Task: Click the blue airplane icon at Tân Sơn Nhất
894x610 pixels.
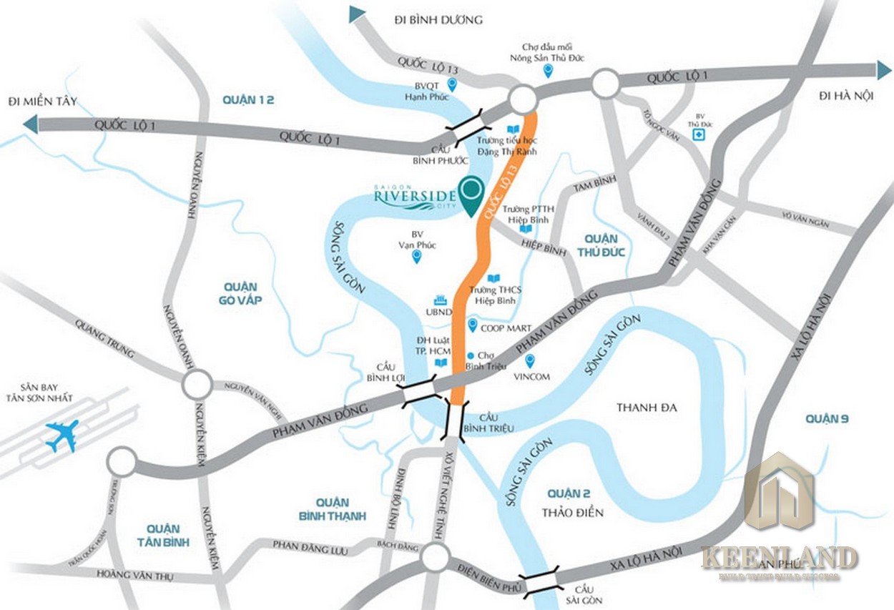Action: (x=62, y=435)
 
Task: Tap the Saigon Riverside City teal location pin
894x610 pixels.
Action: (x=471, y=195)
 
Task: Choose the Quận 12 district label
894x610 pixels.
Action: (x=248, y=100)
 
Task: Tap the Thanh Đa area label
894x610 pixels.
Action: (x=646, y=407)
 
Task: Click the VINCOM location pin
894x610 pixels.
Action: (x=529, y=362)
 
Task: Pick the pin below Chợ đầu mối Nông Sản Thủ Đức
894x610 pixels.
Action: (x=549, y=70)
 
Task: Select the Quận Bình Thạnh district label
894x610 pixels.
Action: (x=331, y=508)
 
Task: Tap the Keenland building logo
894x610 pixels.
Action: (x=780, y=493)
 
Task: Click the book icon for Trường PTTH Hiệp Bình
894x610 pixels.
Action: (x=526, y=229)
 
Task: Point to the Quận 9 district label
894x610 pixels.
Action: (x=825, y=418)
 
